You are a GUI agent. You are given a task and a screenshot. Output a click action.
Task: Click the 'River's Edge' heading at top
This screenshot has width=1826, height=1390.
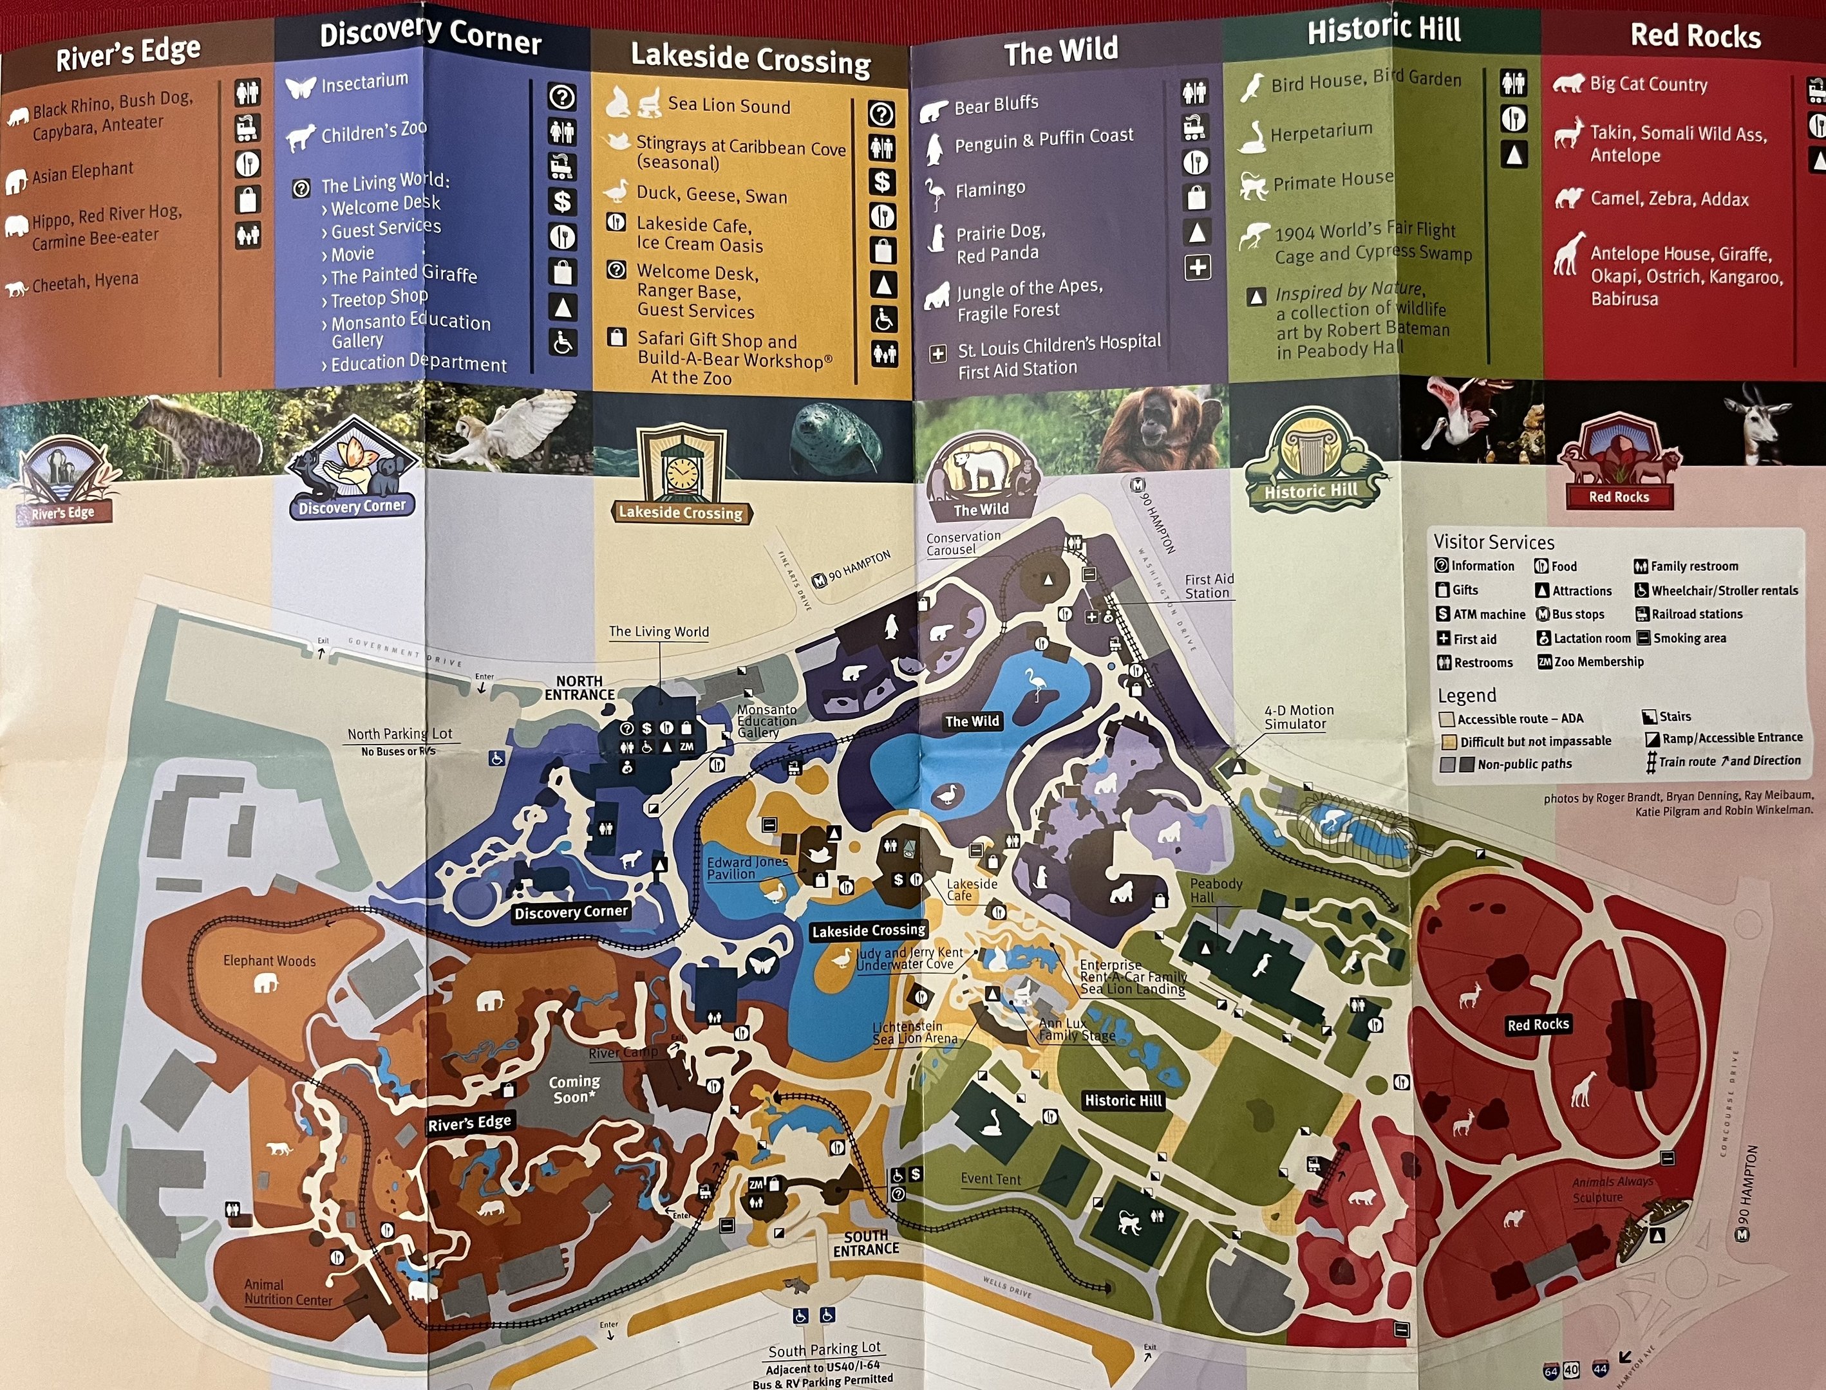point(127,55)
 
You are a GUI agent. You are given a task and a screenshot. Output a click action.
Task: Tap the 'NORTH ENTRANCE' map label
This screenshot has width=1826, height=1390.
point(579,687)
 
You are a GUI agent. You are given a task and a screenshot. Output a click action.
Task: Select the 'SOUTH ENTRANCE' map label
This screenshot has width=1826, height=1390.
point(866,1243)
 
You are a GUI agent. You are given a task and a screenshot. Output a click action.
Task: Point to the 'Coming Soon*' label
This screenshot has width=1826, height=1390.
point(574,1089)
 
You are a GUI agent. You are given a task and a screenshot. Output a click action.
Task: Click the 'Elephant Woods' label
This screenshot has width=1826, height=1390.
point(269,961)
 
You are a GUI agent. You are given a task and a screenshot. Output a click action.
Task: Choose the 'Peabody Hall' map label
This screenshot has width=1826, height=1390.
point(1215,890)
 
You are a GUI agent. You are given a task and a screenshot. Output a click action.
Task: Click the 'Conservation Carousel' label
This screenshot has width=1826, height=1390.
point(963,542)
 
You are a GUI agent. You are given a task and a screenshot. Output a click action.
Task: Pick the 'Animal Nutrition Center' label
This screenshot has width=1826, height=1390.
point(287,1292)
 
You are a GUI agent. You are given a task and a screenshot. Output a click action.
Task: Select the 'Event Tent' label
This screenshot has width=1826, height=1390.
point(990,1179)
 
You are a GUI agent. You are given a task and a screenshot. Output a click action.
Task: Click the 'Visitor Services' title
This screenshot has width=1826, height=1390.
point(1493,542)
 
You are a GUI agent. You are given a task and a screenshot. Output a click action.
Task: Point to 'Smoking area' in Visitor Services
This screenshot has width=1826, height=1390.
point(1689,638)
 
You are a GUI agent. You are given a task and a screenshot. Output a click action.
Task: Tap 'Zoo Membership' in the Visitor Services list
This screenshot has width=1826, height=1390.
point(1597,662)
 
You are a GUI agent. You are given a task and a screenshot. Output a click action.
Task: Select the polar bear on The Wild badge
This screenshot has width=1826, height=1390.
point(979,470)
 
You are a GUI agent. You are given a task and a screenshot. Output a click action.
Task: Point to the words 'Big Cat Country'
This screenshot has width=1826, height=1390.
point(1648,84)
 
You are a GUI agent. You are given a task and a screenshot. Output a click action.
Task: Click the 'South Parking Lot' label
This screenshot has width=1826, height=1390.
point(824,1349)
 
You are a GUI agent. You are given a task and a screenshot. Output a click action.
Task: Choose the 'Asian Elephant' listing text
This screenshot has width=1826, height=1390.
point(83,172)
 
